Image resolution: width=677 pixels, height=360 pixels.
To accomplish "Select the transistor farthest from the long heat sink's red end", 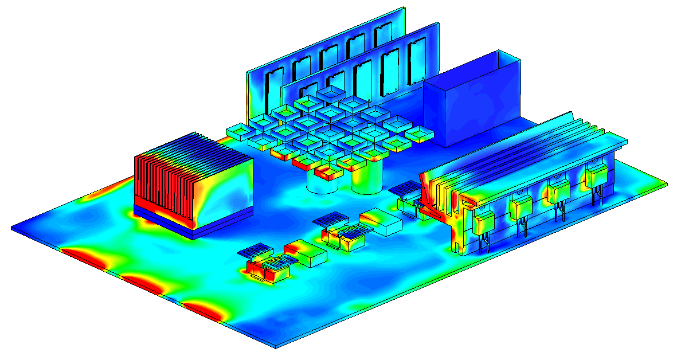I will (596, 176).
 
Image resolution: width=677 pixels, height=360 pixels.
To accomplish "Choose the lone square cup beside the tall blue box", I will (419, 134).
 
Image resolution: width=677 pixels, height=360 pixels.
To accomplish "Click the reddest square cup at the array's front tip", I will (330, 170).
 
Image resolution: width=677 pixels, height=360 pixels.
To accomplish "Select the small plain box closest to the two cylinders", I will (380, 222).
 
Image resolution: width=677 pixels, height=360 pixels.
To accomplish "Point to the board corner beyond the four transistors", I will (665, 185).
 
